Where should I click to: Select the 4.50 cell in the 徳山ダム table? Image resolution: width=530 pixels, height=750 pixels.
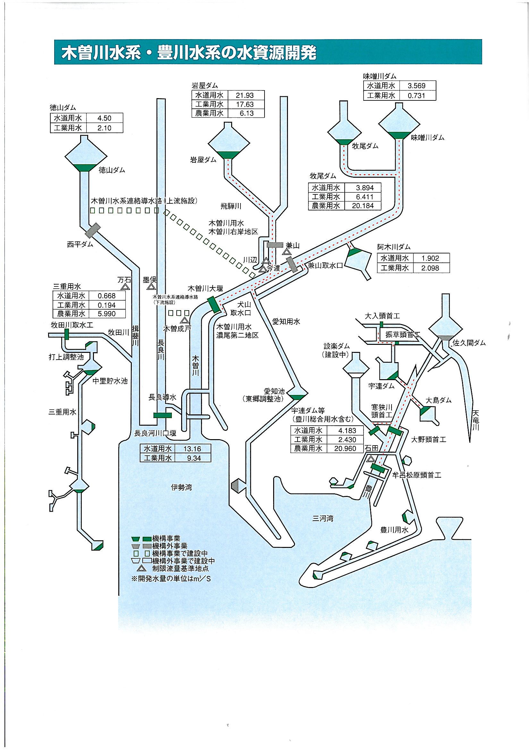click(105, 118)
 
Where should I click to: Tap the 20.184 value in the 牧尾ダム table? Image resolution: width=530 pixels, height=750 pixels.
click(365, 206)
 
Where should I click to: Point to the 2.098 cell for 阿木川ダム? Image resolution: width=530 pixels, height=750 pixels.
click(430, 268)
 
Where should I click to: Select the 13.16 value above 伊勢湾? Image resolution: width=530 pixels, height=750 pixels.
click(192, 448)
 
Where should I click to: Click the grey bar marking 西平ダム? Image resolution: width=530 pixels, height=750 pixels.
click(93, 230)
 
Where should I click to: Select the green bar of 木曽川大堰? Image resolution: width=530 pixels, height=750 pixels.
click(215, 304)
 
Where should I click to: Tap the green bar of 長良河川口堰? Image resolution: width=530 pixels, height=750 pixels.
click(162, 415)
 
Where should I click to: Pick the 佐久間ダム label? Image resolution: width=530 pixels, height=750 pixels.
click(469, 343)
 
